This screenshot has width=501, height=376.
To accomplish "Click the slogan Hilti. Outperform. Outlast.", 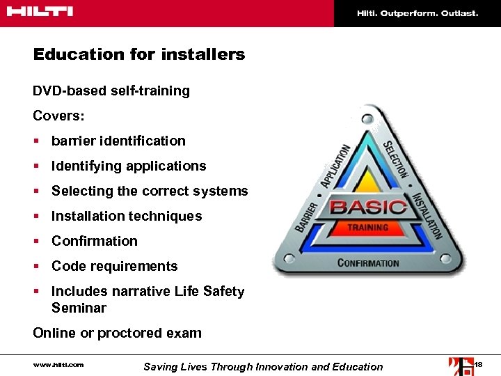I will (417, 13).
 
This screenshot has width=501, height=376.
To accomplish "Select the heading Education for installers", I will (139, 54).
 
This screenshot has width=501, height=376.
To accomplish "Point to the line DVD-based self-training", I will (111, 91).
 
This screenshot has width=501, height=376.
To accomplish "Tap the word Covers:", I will (57, 115).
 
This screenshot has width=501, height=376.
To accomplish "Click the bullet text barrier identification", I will (118, 141).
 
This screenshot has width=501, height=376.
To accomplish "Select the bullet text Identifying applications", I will (129, 166).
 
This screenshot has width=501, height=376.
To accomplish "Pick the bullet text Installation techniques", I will (127, 216).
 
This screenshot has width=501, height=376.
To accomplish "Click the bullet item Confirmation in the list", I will (95, 241).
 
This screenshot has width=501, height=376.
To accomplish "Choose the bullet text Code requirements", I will (115, 266).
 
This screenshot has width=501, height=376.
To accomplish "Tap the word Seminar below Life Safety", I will (79, 308).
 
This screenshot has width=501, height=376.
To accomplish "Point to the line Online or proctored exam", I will (117, 333).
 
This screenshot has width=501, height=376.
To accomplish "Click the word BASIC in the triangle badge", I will (368, 207).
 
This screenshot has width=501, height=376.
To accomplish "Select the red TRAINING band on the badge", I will (368, 228).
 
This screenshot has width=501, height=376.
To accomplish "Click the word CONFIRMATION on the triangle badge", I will (368, 263).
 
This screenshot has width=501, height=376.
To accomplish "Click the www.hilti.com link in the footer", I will (58, 364).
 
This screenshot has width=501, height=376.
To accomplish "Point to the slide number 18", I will (477, 364).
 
